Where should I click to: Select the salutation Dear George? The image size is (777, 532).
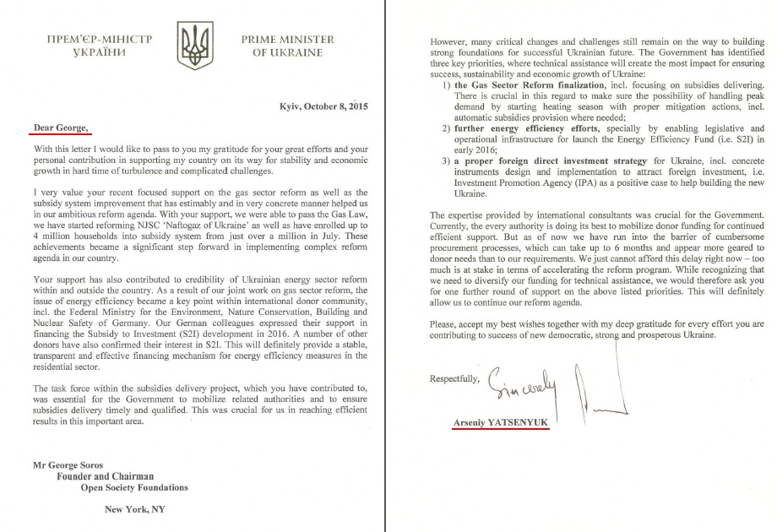pos(58,127)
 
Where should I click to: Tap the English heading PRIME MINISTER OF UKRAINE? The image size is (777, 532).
pos(287,46)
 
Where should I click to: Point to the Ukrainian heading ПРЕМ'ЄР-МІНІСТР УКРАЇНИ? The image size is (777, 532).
pos(94,46)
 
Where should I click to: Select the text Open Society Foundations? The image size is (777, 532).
pos(134,487)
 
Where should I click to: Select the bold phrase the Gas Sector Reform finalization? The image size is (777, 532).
pos(530,85)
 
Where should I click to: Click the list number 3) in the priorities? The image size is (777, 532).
pos(447,160)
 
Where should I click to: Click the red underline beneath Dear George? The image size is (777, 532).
pos(58,134)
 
